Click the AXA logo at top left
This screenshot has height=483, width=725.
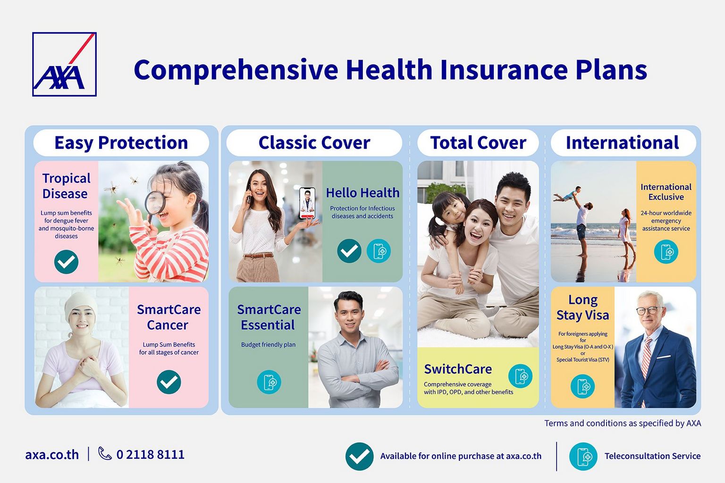pyautogui.click(x=64, y=64)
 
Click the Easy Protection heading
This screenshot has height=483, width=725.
pyautogui.click(x=121, y=142)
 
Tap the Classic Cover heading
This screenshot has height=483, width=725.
pyautogui.click(x=314, y=142)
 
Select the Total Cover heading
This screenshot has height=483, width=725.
pyautogui.click(x=478, y=142)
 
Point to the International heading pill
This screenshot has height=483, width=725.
pyautogui.click(x=624, y=142)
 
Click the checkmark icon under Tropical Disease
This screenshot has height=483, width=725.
pyautogui.click(x=67, y=262)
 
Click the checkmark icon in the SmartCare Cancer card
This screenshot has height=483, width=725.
pyautogui.click(x=169, y=382)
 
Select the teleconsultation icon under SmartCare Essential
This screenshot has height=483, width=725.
pyautogui.click(x=269, y=382)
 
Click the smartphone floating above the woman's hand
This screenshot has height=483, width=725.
pyautogui.click(x=307, y=203)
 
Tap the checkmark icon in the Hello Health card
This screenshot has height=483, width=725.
pyautogui.click(x=349, y=251)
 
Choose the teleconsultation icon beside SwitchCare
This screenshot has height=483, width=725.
pyautogui.click(x=520, y=376)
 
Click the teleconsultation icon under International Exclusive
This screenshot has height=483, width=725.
pyautogui.click(x=666, y=252)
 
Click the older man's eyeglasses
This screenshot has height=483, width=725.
pyautogui.click(x=648, y=310)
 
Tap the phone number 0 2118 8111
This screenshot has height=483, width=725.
pyautogui.click(x=151, y=455)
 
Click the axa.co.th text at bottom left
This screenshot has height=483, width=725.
pyautogui.click(x=52, y=455)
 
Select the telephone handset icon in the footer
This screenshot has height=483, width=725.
pyautogui.click(x=105, y=454)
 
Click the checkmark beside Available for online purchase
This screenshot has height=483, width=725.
pyautogui.click(x=359, y=456)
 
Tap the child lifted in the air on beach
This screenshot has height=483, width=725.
pyautogui.click(x=567, y=194)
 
